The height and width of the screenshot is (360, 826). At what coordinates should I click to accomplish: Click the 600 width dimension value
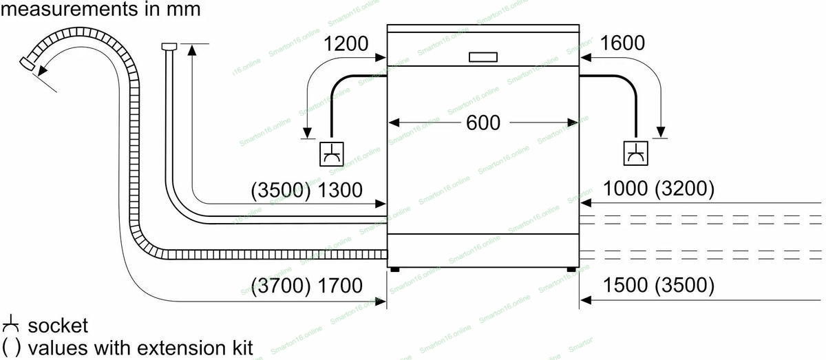pos(483,123)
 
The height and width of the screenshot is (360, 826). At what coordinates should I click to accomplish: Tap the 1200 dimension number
pos(346,44)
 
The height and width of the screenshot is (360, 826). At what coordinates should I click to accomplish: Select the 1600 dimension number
pos(622,43)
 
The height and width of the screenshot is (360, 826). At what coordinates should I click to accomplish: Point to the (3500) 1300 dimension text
pos(307,190)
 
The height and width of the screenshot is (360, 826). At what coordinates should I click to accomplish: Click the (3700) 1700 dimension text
pos(307,285)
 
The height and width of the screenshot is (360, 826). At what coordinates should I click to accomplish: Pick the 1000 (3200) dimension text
pos(658,189)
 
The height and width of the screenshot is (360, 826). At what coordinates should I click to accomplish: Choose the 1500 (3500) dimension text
pos(658,284)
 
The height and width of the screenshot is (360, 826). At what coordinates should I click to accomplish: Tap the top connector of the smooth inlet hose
pos(169,46)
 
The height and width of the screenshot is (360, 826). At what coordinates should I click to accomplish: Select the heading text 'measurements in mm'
pos(100,10)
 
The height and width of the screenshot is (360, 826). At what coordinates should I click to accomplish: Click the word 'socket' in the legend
pos(59,325)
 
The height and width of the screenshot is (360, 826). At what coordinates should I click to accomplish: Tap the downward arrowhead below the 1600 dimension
pos(661,131)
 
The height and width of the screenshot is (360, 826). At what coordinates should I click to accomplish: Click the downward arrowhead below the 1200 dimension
pos(307,131)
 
